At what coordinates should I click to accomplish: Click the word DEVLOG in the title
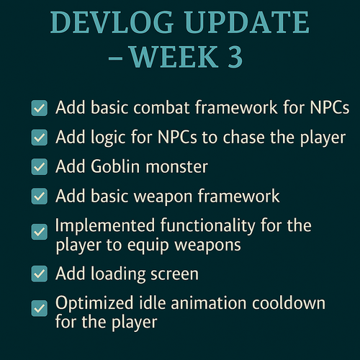112,22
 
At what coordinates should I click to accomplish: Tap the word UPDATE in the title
247,22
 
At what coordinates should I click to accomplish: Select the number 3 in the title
235,57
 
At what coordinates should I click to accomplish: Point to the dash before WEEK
115,58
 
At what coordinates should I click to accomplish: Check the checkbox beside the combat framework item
40,108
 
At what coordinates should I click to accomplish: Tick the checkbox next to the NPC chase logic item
40,138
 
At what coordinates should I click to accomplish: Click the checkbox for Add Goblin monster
40,166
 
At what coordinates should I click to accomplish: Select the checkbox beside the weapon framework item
40,197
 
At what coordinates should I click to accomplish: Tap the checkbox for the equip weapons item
40,232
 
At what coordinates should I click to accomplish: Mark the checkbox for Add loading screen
40,274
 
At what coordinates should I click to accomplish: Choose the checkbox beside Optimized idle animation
40,308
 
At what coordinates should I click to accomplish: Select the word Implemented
105,225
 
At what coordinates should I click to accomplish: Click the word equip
148,246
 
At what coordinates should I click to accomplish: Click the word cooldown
289,302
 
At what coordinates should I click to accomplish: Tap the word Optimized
94,303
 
